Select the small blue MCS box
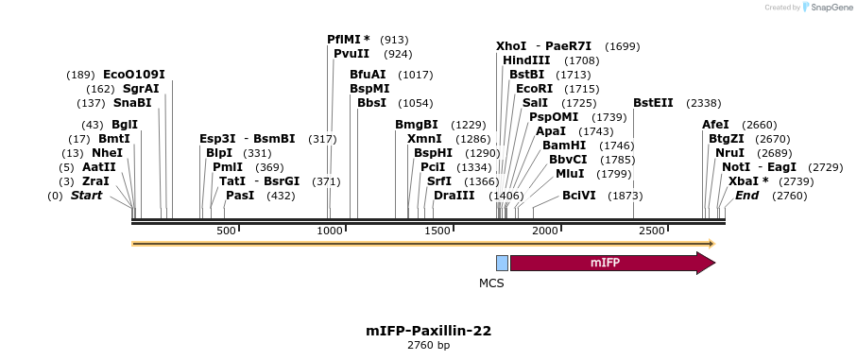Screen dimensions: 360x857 pos(502,263)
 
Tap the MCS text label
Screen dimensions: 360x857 pos(491,283)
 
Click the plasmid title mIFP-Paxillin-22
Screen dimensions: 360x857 pos(428,331)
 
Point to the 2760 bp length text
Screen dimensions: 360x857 pos(428,346)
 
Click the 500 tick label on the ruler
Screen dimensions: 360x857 pos(226,231)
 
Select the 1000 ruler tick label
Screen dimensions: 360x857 pos(330,231)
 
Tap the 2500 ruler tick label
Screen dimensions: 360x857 pos(652,231)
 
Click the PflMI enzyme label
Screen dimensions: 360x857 pos(348,40)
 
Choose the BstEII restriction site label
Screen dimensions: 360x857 pos(653,103)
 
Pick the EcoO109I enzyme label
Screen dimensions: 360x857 pos(133,75)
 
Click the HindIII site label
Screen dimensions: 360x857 pos(526,60)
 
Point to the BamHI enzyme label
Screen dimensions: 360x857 pos(563,146)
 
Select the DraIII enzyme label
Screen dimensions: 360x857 pos(454,196)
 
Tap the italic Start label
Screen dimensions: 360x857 pos(86,196)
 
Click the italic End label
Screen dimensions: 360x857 pos(746,196)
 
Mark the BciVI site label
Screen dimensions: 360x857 pos(579,196)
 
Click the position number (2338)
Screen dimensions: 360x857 pos(704,103)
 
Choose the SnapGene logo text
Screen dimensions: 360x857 pos(827,8)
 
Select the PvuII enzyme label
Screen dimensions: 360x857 pos(351,54)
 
